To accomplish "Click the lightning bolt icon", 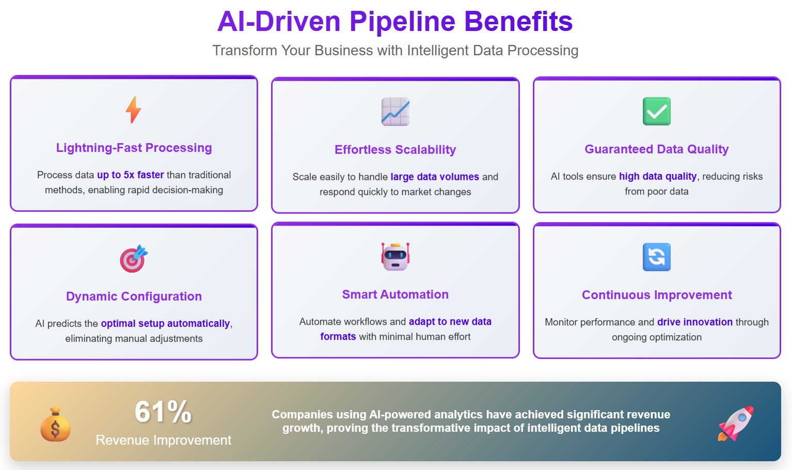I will click(x=134, y=110).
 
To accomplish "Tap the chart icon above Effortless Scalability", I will click(x=395, y=112).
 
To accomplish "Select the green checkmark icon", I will click(x=657, y=111).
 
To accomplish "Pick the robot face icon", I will click(x=395, y=256).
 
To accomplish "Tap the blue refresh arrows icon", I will click(x=657, y=257).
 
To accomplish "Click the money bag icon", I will click(x=55, y=425).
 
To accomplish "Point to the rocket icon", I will click(x=736, y=424).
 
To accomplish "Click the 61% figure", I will click(x=163, y=412).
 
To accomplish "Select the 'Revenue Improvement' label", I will click(x=163, y=440).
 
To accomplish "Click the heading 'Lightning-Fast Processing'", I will click(x=134, y=148).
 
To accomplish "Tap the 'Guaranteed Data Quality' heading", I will click(x=657, y=149).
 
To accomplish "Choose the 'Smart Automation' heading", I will click(x=395, y=294).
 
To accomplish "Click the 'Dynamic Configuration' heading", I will click(x=134, y=296).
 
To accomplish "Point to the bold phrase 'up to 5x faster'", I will click(x=130, y=175).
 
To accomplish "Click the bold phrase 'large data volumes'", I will click(x=435, y=177).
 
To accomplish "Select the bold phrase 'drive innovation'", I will click(x=695, y=322).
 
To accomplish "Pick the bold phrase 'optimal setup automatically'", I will click(x=165, y=323).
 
